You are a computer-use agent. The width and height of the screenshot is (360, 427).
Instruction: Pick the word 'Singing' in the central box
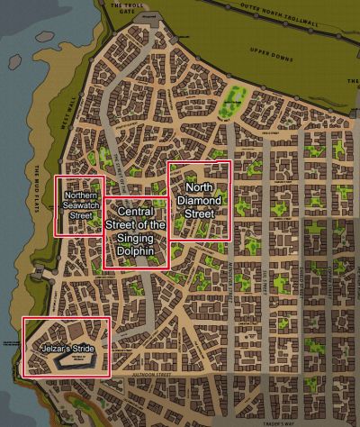tap(136, 237)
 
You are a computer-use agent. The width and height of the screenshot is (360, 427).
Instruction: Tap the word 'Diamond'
tap(200, 202)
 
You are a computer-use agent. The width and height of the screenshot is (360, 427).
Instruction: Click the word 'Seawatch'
tap(81, 205)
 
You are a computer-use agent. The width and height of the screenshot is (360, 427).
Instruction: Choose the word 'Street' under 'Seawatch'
tap(81, 215)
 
